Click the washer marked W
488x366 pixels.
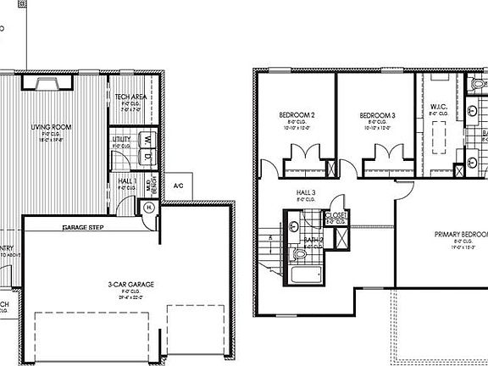click(x=147, y=137)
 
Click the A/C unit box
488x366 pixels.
click(x=180, y=186)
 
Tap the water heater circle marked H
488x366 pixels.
click(x=148, y=207)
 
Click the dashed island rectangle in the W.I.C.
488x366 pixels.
click(x=438, y=135)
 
